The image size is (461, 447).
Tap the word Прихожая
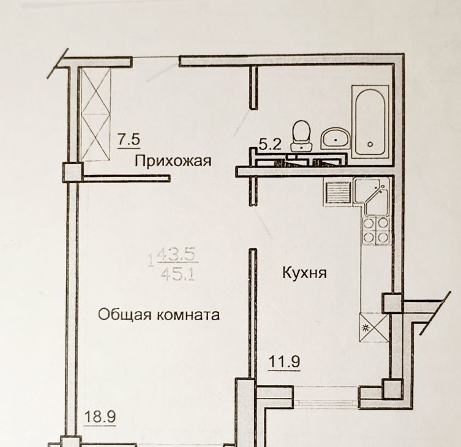click(173, 161)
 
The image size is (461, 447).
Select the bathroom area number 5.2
click(270, 145)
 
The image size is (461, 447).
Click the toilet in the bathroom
click(301, 135)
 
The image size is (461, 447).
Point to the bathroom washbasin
click(335, 140)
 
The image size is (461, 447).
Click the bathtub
click(370, 121)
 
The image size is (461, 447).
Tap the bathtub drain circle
click(370, 144)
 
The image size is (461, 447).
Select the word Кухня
click(304, 272)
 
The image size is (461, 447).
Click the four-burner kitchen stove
click(375, 231)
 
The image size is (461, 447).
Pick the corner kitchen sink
click(372, 197)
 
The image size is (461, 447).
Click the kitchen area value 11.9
click(284, 361)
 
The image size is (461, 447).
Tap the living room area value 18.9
click(100, 416)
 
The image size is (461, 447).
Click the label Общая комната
click(159, 315)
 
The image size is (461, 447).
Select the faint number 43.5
click(178, 255)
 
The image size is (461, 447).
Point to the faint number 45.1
click(178, 276)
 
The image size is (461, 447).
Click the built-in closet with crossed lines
click(96, 115)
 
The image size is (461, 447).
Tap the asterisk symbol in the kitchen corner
click(366, 328)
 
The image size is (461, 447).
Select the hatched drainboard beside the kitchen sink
click(338, 193)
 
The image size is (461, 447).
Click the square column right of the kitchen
click(392, 303)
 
